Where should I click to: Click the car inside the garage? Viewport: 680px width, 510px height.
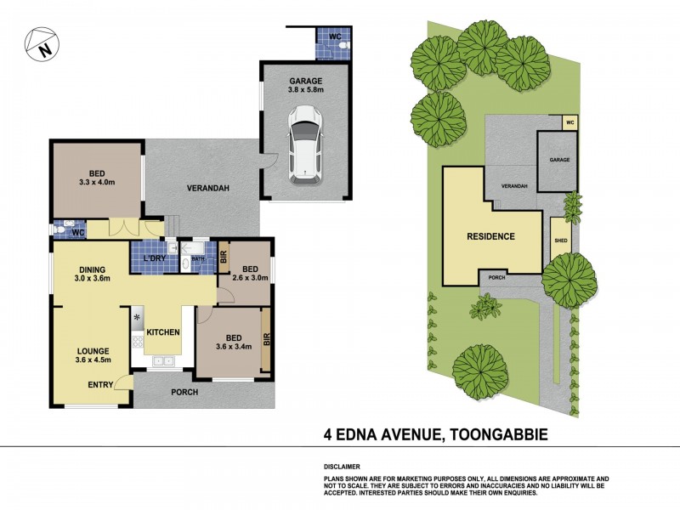click(x=304, y=143)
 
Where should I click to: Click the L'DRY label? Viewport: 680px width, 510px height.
click(x=153, y=258)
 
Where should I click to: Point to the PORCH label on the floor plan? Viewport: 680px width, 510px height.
click(x=184, y=392)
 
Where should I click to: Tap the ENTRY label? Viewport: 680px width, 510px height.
click(x=100, y=385)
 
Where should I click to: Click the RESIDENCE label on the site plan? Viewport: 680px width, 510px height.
click(x=490, y=236)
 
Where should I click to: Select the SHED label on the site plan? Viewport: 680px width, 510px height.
click(x=560, y=241)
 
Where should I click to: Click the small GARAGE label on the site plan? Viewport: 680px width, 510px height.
click(x=558, y=160)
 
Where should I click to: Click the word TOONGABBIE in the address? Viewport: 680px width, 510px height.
click(x=496, y=435)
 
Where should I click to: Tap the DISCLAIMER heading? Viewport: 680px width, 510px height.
click(x=343, y=467)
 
